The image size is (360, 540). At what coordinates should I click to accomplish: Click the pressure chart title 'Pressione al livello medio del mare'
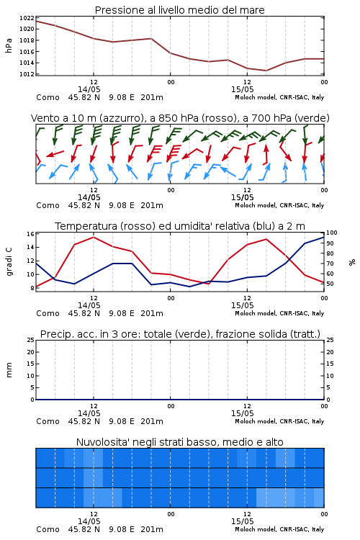point(179,10)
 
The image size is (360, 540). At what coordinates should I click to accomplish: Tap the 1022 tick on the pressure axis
point(27,18)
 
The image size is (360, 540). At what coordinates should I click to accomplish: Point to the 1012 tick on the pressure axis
point(27,74)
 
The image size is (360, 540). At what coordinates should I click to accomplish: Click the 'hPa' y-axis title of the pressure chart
point(9,45)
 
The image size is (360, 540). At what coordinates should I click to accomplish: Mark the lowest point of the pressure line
point(266,71)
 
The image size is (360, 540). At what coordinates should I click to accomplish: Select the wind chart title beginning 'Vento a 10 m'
point(180,118)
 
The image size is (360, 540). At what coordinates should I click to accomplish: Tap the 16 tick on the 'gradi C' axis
point(30,234)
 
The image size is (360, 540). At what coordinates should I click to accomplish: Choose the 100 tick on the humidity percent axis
point(332,233)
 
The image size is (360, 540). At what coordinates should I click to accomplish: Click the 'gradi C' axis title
point(9,262)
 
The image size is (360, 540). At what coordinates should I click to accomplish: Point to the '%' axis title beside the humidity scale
point(352,262)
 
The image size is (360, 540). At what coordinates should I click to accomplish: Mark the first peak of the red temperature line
point(94,237)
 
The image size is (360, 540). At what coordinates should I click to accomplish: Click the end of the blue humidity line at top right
point(324,237)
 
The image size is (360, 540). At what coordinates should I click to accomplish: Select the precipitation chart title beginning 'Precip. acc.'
point(180,334)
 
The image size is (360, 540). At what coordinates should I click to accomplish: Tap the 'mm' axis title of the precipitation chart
point(9,370)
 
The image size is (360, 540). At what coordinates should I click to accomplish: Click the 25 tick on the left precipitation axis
point(31,341)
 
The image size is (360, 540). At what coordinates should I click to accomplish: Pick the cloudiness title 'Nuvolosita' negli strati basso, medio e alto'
point(179,442)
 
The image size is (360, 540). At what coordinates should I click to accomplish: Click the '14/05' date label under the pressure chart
point(89,89)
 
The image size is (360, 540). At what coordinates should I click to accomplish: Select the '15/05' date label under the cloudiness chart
point(242,521)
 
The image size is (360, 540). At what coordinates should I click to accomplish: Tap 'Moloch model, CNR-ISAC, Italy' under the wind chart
point(279,205)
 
